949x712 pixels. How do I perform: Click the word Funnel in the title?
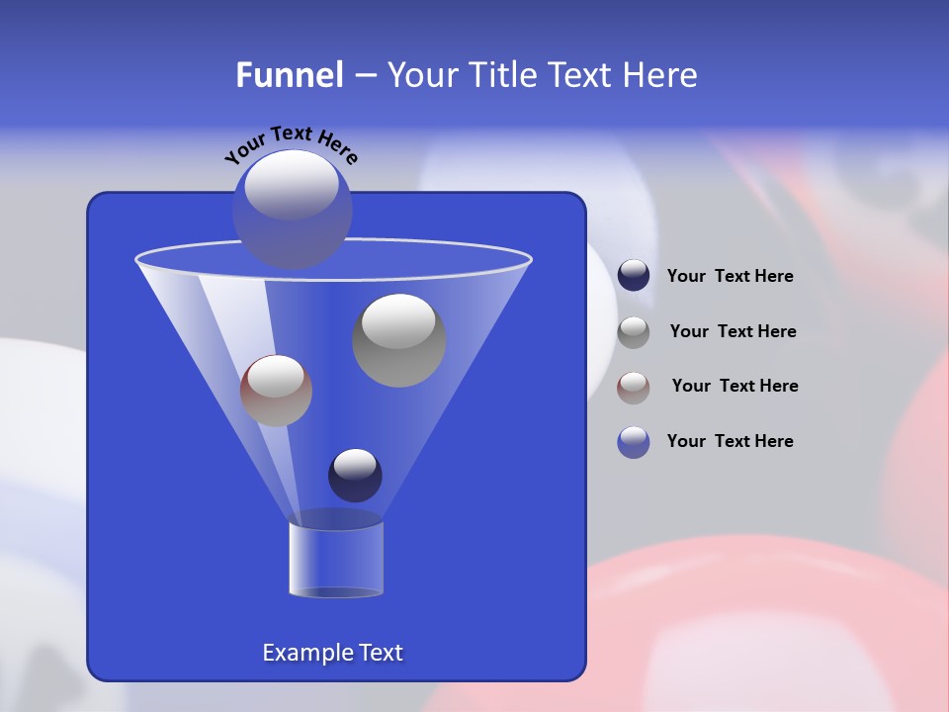pyautogui.click(x=289, y=75)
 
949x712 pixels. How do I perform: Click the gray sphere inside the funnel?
pyautogui.click(x=398, y=341)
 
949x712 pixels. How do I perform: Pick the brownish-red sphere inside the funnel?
pyautogui.click(x=276, y=391)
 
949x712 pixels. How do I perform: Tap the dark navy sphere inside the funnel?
pyautogui.click(x=355, y=475)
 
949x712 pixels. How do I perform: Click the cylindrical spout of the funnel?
pyautogui.click(x=335, y=559)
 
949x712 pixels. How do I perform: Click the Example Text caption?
pyautogui.click(x=332, y=653)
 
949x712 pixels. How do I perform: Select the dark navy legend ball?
pyautogui.click(x=634, y=276)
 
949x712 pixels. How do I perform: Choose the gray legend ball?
pyautogui.click(x=634, y=331)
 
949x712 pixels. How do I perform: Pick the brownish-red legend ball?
pyautogui.click(x=634, y=387)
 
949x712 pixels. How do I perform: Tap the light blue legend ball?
pyautogui.click(x=634, y=442)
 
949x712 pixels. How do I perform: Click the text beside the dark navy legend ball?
pyautogui.click(x=730, y=277)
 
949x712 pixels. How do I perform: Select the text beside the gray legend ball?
pyautogui.click(x=733, y=332)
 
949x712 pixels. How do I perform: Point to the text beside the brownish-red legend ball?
pyautogui.click(x=734, y=387)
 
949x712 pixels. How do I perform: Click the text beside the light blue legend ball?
pyautogui.click(x=730, y=442)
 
